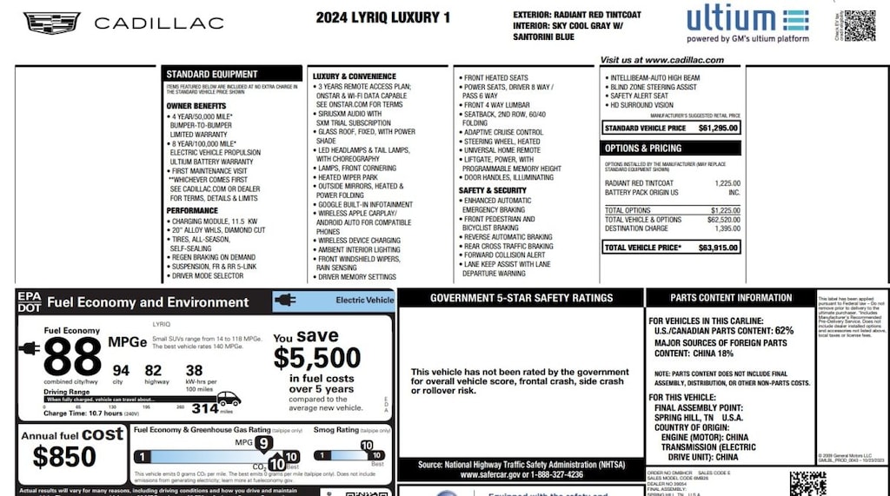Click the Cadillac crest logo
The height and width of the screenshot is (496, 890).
(x=51, y=23)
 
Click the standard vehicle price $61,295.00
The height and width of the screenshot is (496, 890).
(x=718, y=128)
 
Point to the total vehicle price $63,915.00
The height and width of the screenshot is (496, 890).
(x=718, y=248)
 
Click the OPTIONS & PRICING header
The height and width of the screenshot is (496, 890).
(x=643, y=149)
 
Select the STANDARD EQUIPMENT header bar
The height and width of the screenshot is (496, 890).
(x=232, y=74)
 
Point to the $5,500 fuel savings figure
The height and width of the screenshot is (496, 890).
(x=317, y=357)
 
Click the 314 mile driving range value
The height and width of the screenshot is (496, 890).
(x=205, y=407)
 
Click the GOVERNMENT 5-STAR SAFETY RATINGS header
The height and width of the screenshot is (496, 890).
(x=521, y=298)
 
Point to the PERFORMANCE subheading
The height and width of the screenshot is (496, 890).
(x=192, y=210)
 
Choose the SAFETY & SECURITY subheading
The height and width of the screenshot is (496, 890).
(x=493, y=190)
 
